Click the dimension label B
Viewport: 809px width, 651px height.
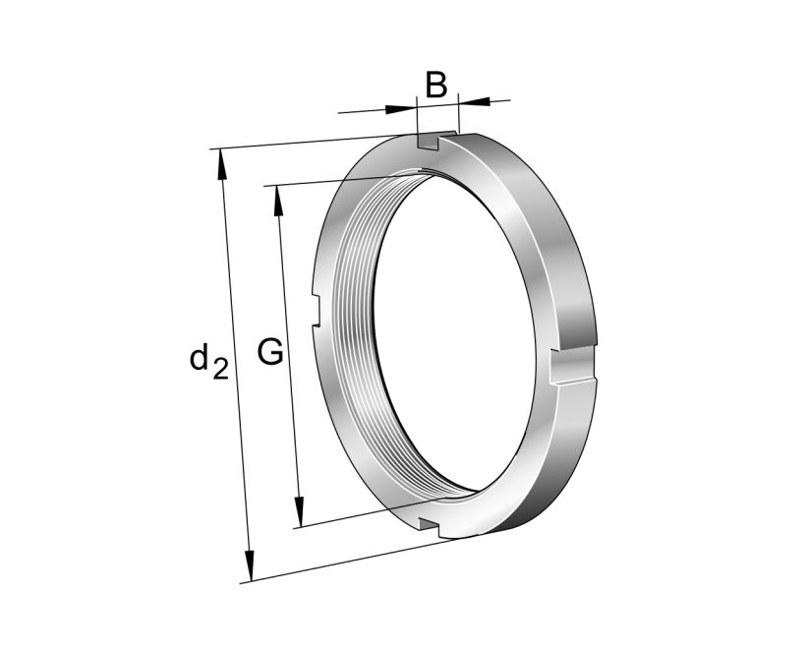coord(436,86)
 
